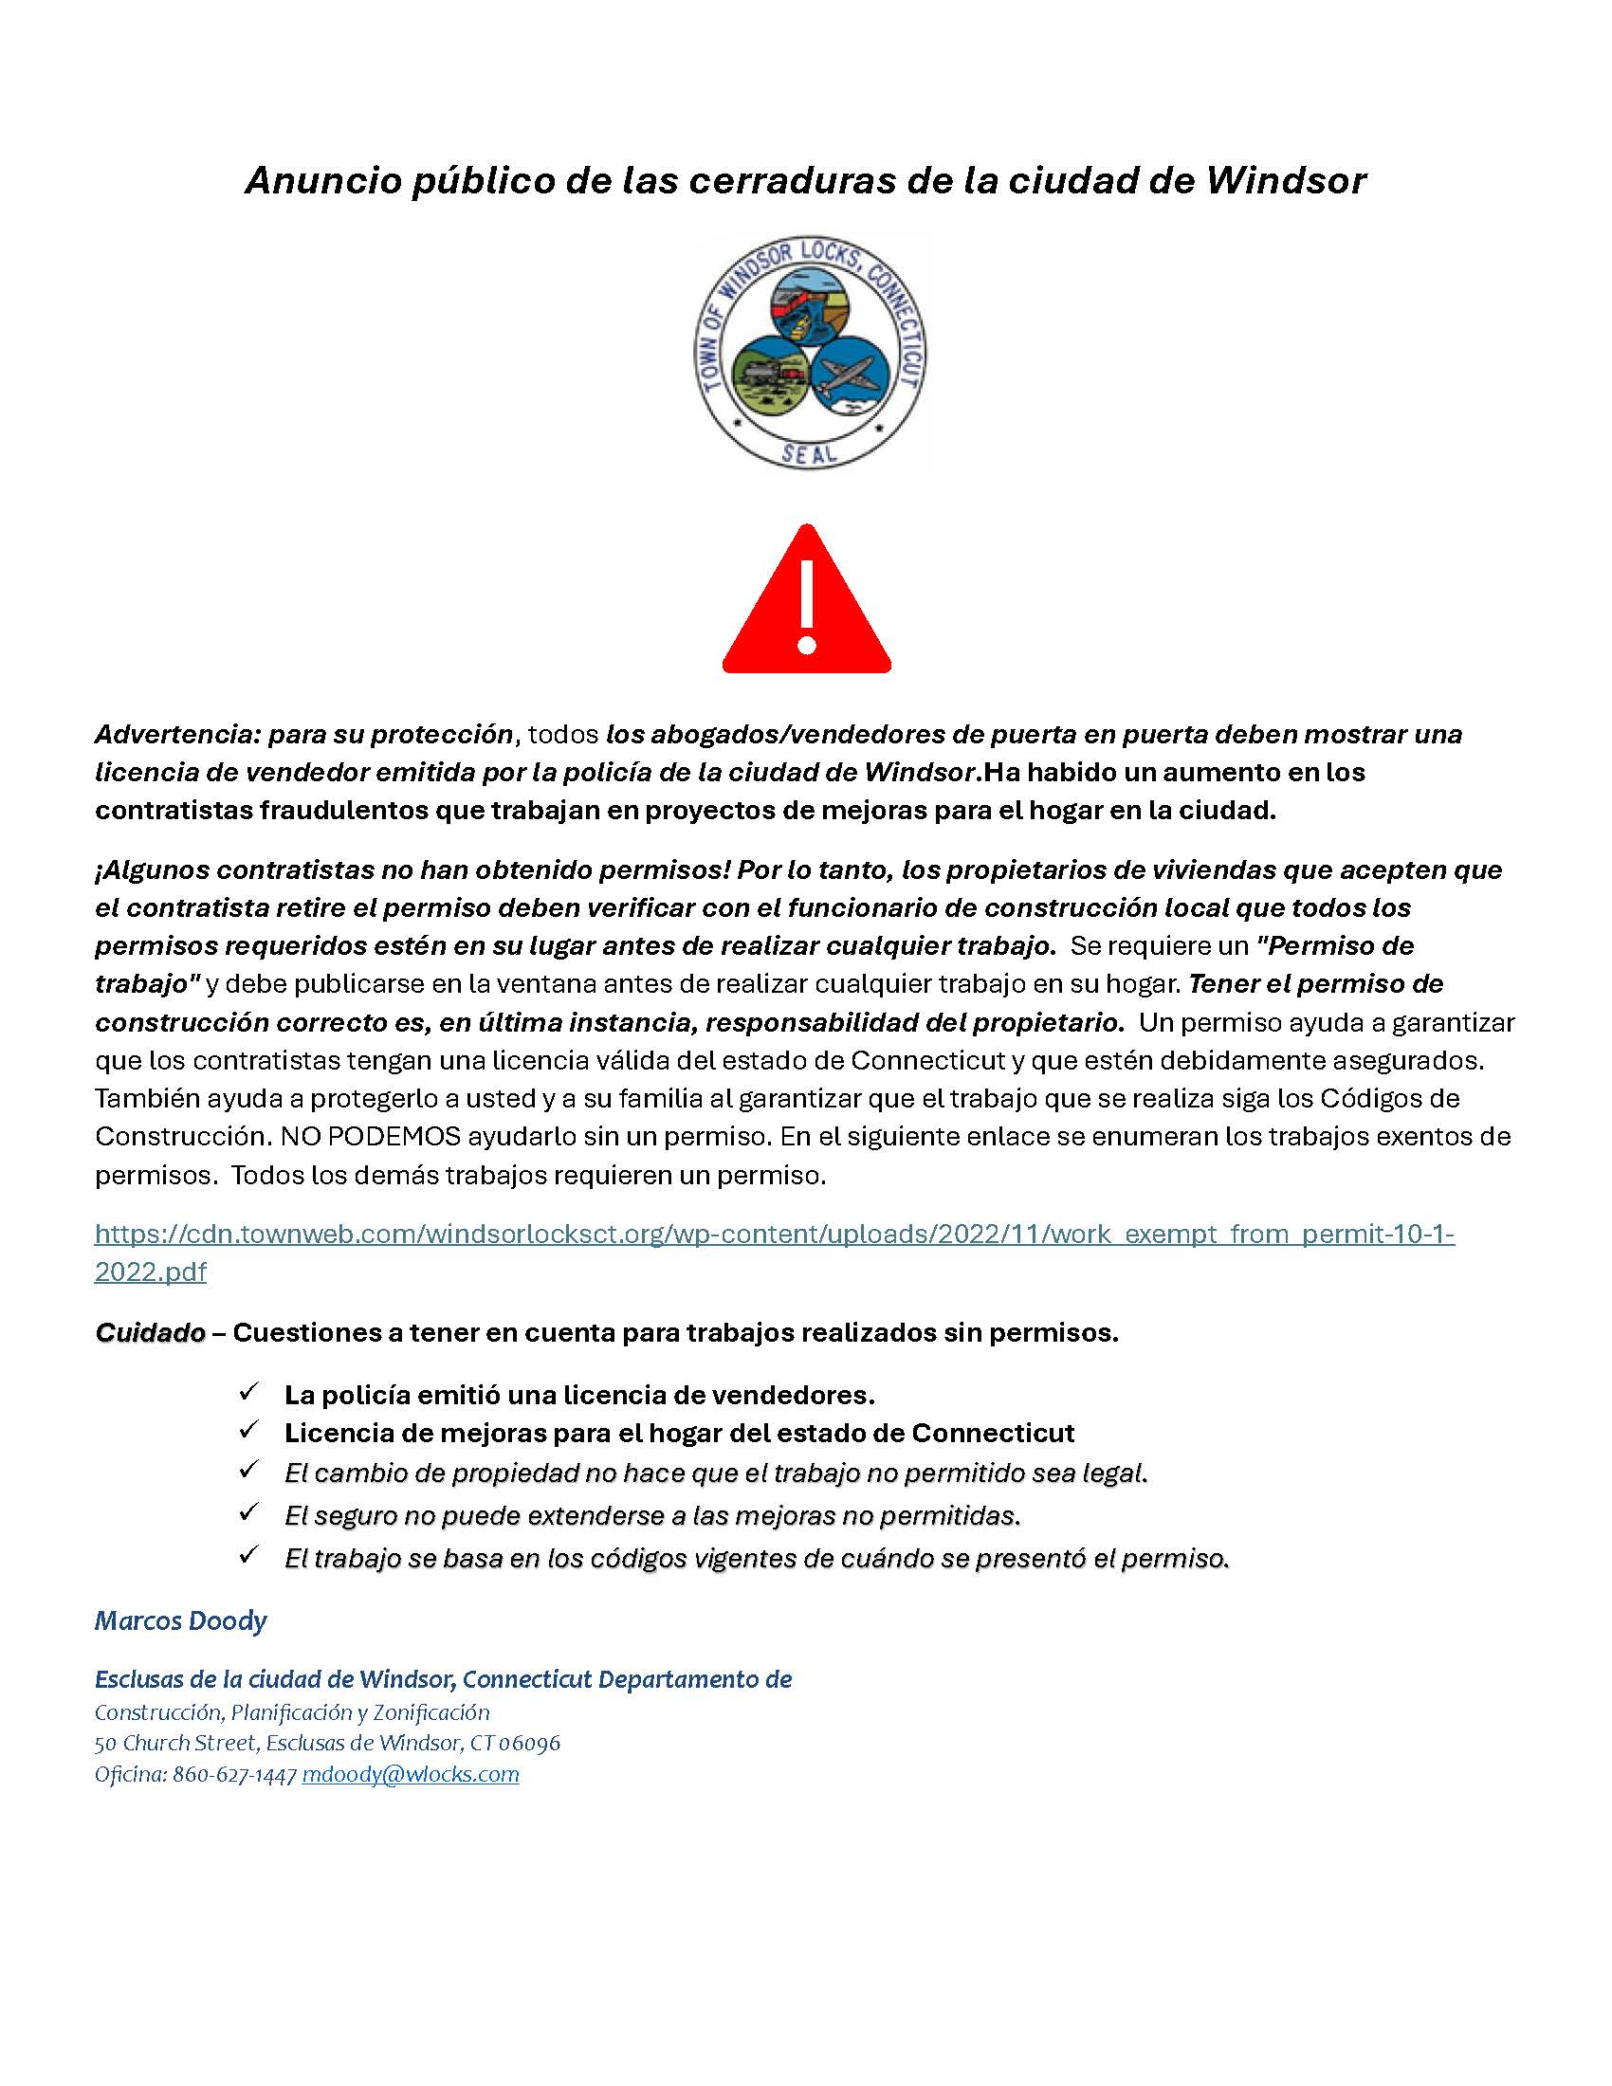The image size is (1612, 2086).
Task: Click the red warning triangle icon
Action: point(806,612)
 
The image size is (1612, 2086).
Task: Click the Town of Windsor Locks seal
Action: point(810,353)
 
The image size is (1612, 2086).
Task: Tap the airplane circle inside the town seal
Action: point(850,375)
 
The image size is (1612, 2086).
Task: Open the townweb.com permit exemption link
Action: point(774,1234)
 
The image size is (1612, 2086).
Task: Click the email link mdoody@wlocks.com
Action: point(411,1776)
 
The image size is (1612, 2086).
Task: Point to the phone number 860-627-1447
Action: point(235,1776)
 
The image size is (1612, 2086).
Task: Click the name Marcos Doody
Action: point(180,1620)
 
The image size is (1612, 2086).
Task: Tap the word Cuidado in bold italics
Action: point(150,1332)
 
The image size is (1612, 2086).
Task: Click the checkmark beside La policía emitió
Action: point(250,1393)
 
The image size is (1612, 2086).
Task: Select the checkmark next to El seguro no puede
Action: point(250,1512)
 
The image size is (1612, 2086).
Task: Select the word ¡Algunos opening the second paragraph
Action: point(152,870)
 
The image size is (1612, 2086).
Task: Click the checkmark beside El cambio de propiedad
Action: point(250,1470)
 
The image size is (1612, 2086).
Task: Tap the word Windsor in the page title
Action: point(1286,180)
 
